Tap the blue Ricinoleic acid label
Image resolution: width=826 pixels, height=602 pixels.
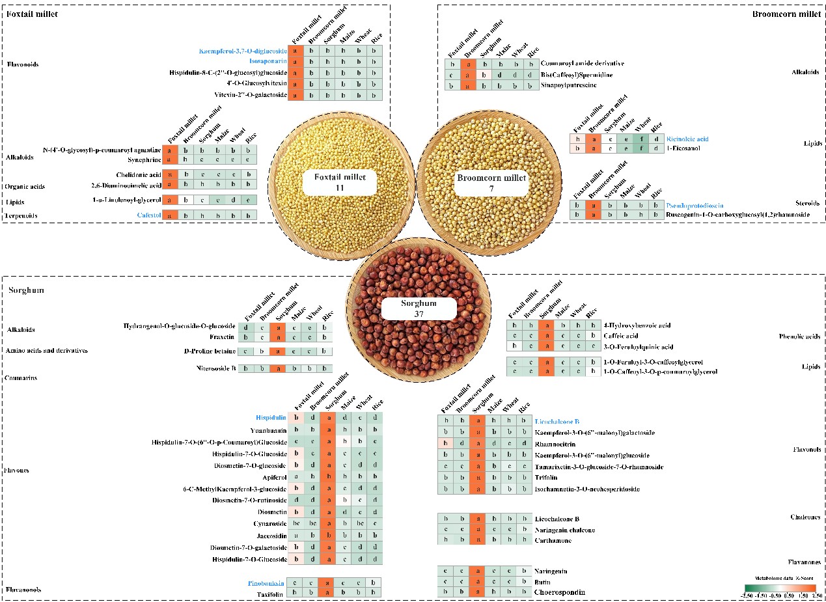tap(687, 139)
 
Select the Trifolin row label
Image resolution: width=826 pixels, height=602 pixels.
tap(545, 478)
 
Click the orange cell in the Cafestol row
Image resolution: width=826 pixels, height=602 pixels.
tap(169, 215)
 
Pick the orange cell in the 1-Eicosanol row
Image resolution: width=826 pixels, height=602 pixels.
tap(592, 149)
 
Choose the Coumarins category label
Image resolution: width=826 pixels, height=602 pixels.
tap(22, 377)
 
